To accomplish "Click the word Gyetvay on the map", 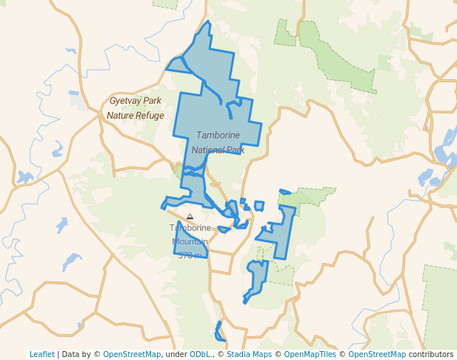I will pyautogui.click(x=125, y=101).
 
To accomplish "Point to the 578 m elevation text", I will pyautogui.click(x=190, y=256).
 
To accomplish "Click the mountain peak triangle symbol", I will pyautogui.click(x=190, y=217).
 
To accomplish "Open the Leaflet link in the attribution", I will pyautogui.click(x=41, y=354).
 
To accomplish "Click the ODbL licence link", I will pyautogui.click(x=201, y=354).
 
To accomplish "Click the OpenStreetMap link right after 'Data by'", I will pyautogui.click(x=132, y=354).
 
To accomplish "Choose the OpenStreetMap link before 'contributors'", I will pyautogui.click(x=377, y=354).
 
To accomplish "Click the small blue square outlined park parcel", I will pyautogui.click(x=259, y=205).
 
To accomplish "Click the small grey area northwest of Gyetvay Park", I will pyautogui.click(x=74, y=99).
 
